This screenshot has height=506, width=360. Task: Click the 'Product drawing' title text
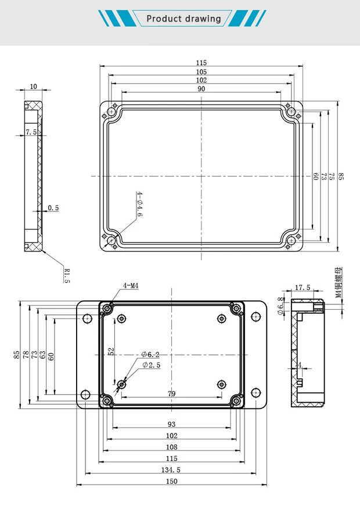[x=183, y=19]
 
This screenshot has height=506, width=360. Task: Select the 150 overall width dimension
[x=171, y=480]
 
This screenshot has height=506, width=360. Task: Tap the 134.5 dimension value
[x=171, y=469]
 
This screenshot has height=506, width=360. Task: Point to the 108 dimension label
[x=171, y=447]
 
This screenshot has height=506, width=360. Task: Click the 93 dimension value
[x=171, y=425]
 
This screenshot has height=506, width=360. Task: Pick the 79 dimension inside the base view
[x=171, y=394]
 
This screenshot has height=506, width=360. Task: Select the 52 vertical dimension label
[x=111, y=351]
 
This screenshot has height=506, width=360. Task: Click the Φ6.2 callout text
[x=150, y=354]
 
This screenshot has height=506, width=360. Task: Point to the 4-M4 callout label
[x=131, y=286]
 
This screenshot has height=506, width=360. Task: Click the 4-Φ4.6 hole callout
[x=139, y=204]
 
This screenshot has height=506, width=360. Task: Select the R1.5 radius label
[x=67, y=275]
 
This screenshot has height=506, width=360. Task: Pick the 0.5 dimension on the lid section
[x=53, y=207]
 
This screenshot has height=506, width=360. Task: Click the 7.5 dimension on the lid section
[x=31, y=132]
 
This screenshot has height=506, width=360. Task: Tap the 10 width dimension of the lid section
[x=33, y=87]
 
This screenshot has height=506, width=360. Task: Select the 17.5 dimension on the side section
[x=303, y=288]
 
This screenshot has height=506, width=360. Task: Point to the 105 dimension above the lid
[x=201, y=71]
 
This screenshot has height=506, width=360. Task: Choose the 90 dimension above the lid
[x=201, y=89]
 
